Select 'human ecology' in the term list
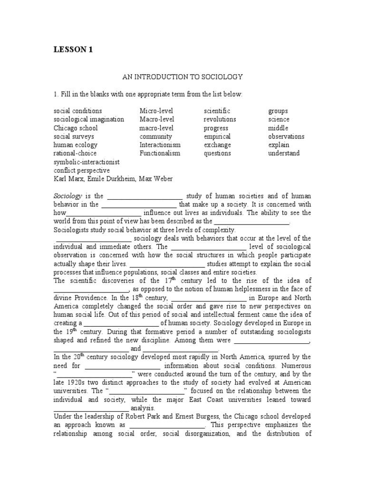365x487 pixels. pyautogui.click(x=76, y=145)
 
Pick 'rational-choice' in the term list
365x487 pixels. pyautogui.click(x=75, y=154)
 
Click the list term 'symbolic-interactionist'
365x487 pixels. pyautogui.click(x=86, y=162)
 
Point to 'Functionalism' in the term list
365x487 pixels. pyautogui.click(x=160, y=154)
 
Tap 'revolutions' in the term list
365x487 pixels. pyautogui.click(x=220, y=119)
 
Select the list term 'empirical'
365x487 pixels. pyautogui.click(x=217, y=136)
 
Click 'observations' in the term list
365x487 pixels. pyautogui.click(x=286, y=136)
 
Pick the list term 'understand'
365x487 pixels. pyautogui.click(x=284, y=154)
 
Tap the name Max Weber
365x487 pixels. pyautogui.click(x=160, y=179)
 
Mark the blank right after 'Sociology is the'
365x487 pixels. pyautogui.click(x=144, y=195)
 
